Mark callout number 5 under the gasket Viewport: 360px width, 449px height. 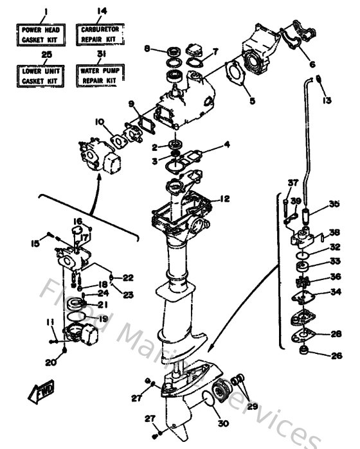[x=251, y=101]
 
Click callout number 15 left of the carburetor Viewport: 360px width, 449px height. [x=36, y=243]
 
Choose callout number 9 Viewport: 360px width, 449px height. [x=130, y=103]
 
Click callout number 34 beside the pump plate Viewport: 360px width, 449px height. [x=336, y=292]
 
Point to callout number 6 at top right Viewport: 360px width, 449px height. [x=312, y=64]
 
